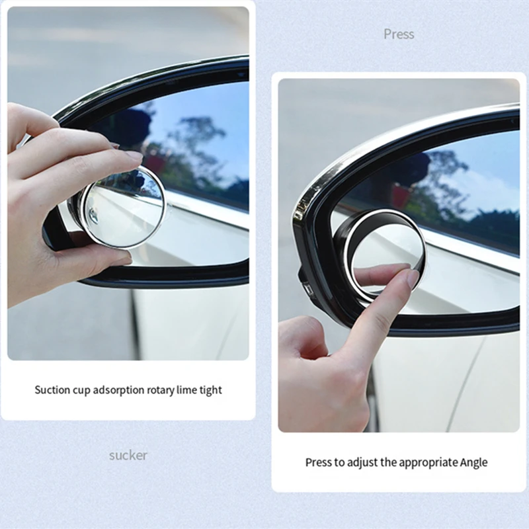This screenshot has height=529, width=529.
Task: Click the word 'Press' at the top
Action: [x=399, y=34]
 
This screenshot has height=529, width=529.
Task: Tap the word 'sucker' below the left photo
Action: [x=128, y=455]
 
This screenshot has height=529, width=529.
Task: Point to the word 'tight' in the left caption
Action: [x=210, y=390]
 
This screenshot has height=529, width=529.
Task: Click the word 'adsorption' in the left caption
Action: [x=114, y=390]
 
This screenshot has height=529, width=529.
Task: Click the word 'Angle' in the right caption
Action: [x=472, y=462]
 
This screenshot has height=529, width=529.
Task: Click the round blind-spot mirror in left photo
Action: [x=124, y=206]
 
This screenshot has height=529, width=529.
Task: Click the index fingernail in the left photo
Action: [x=134, y=156]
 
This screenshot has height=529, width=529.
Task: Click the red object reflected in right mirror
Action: [x=401, y=196]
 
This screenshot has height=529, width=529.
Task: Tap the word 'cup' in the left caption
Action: [x=79, y=390]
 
